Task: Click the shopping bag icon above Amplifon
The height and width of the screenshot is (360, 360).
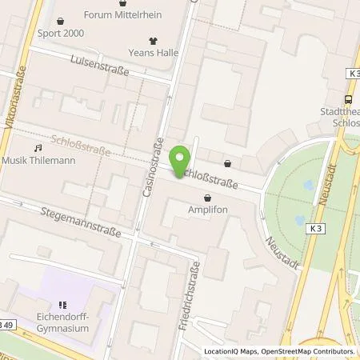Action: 208,196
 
